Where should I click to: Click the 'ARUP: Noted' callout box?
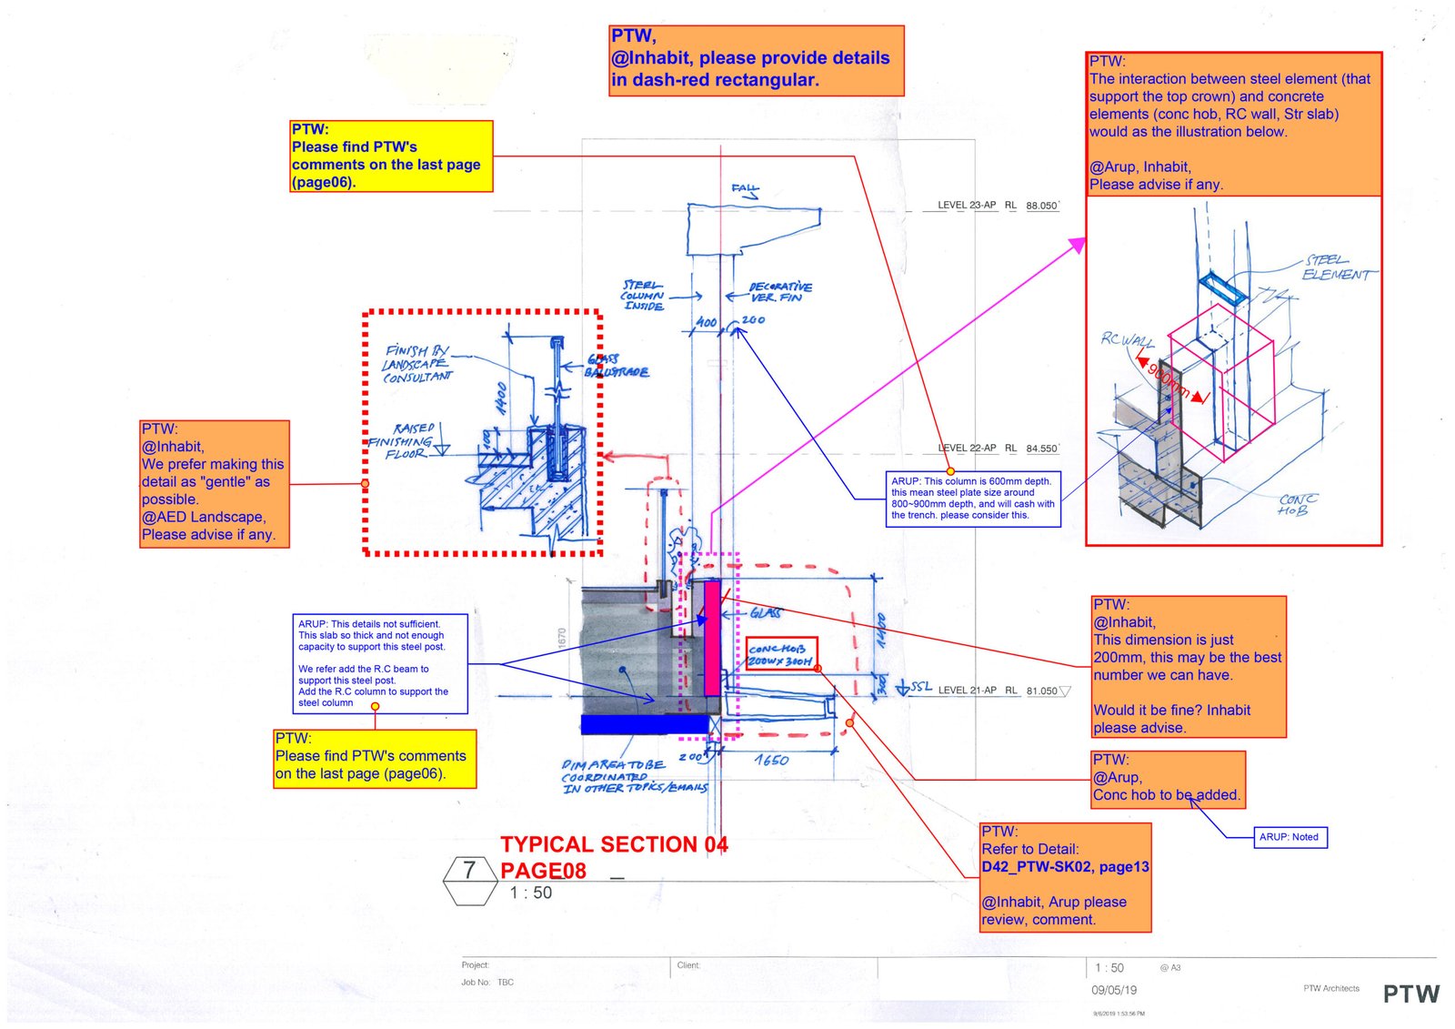[x=1289, y=837]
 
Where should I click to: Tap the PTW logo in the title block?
[x=1410, y=994]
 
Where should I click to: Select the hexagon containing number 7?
[x=469, y=881]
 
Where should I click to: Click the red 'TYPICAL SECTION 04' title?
[x=614, y=845]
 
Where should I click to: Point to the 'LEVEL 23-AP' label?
[x=967, y=206]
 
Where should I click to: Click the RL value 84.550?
[x=1041, y=449]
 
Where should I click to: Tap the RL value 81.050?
[x=1042, y=691]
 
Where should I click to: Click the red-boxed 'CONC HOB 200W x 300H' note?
[x=780, y=654]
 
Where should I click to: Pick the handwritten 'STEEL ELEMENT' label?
[x=1337, y=267]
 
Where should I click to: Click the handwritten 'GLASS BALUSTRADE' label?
[x=617, y=366]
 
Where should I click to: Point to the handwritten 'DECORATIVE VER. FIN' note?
[x=779, y=292]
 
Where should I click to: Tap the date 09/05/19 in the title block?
[x=1114, y=991]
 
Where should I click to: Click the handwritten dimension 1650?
[x=771, y=760]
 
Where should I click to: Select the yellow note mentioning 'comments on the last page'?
[x=391, y=156]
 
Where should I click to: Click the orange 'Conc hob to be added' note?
[x=1167, y=779]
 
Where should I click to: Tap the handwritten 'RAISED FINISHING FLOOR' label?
[x=402, y=441]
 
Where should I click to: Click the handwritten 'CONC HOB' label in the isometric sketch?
[x=1297, y=505]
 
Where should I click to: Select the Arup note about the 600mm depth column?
[x=972, y=498]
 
